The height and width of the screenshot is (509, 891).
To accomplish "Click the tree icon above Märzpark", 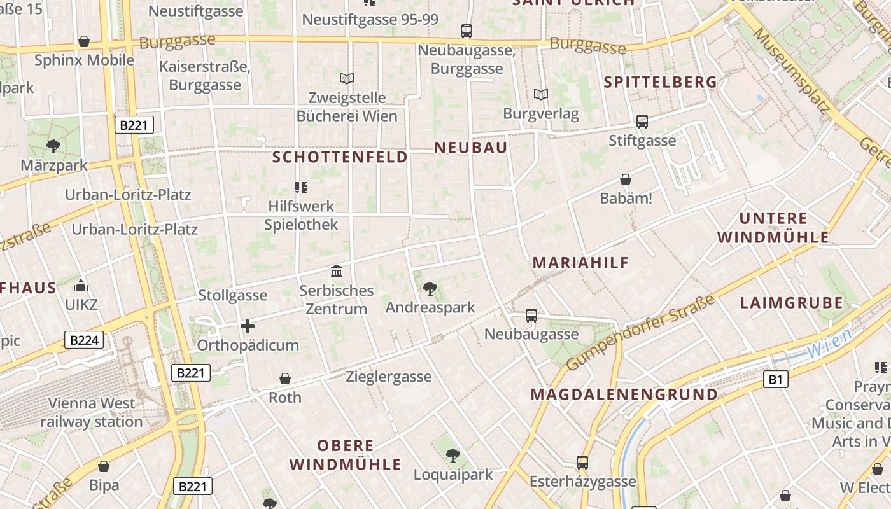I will pyautogui.click(x=53, y=146).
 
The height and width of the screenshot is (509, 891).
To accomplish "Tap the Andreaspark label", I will pyautogui.click(x=430, y=307).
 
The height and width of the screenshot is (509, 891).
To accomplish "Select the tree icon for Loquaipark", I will pyautogui.click(x=453, y=455).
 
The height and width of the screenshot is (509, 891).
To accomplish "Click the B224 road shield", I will pyautogui.click(x=83, y=340).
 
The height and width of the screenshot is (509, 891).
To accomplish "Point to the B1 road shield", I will pyautogui.click(x=775, y=380).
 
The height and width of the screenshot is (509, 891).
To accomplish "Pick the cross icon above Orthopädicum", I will pyautogui.click(x=248, y=327).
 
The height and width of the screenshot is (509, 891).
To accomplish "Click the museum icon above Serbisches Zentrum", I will pyautogui.click(x=337, y=272).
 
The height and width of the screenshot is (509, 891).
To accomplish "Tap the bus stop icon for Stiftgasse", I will pyautogui.click(x=642, y=121).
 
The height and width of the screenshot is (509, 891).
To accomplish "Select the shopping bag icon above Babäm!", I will pyautogui.click(x=626, y=180).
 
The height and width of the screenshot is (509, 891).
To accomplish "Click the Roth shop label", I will pyautogui.click(x=285, y=398).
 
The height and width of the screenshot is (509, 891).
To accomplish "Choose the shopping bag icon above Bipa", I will pyautogui.click(x=104, y=466).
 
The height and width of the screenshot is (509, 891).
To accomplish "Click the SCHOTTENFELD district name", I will pyautogui.click(x=340, y=157).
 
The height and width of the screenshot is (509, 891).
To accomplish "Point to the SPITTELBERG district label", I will pyautogui.click(x=660, y=82).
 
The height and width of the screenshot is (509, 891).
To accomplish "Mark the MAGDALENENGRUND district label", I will pyautogui.click(x=624, y=394).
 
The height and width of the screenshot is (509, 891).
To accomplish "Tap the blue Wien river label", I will pyautogui.click(x=829, y=344).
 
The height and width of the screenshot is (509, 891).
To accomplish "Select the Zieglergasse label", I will pyautogui.click(x=389, y=377).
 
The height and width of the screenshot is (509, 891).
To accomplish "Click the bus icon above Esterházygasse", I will pyautogui.click(x=582, y=462).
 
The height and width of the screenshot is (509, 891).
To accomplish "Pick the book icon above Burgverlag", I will pyautogui.click(x=541, y=95).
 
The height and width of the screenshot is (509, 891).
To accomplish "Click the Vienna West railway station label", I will pyautogui.click(x=92, y=412).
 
